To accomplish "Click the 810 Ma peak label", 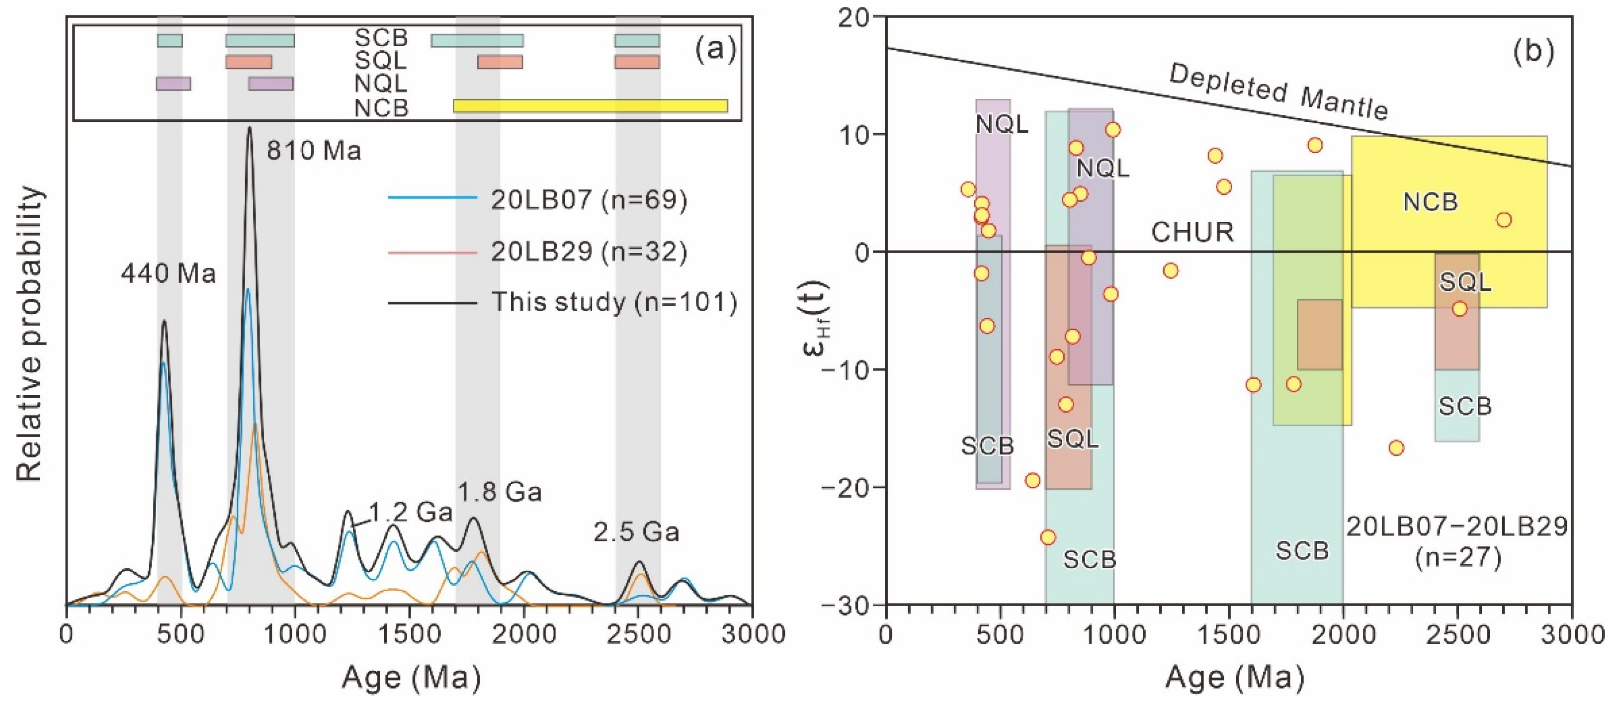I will [314, 151].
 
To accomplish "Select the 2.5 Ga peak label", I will [636, 532].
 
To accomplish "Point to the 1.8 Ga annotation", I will [500, 492].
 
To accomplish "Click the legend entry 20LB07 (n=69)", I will [589, 199].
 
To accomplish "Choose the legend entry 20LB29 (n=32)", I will [589, 252].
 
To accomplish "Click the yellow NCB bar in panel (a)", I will [590, 105].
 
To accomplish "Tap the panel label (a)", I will [715, 51].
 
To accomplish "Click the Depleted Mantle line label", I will [1278, 93].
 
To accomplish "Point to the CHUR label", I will [1192, 232].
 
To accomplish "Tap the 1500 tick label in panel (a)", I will [409, 634].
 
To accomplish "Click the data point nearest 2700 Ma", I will [1504, 220].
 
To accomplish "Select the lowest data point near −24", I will [1048, 537].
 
